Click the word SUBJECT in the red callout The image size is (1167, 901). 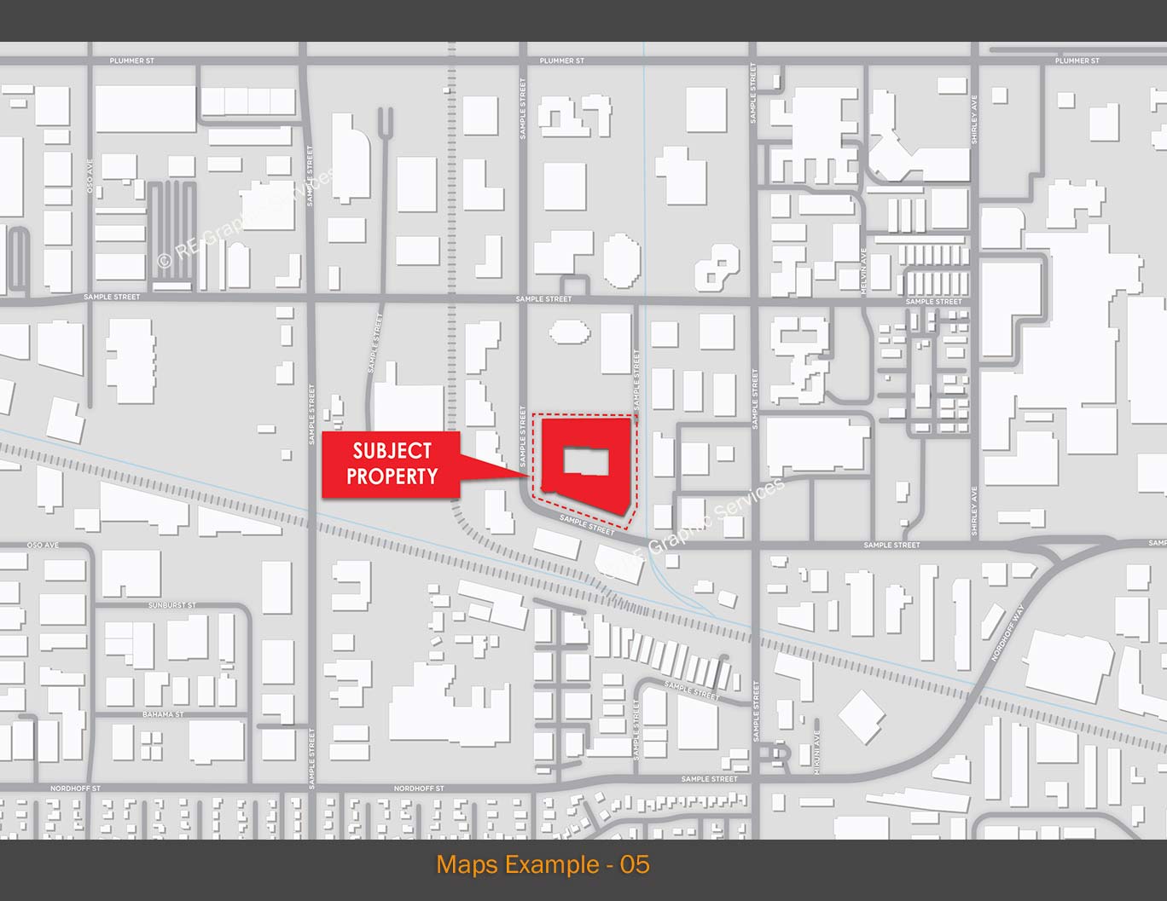392,450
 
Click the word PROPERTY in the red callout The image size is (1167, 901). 392,476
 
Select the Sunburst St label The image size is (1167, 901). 172,605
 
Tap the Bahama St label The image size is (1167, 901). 163,714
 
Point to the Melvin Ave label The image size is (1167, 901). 863,272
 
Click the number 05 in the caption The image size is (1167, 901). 635,864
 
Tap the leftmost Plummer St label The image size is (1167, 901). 131,61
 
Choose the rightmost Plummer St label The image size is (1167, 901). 1077,61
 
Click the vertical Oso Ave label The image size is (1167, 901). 90,176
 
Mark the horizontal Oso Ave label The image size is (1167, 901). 43,545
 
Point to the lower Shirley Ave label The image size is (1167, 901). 974,511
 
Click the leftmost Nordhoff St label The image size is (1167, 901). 75,789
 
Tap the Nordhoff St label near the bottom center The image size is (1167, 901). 419,789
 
